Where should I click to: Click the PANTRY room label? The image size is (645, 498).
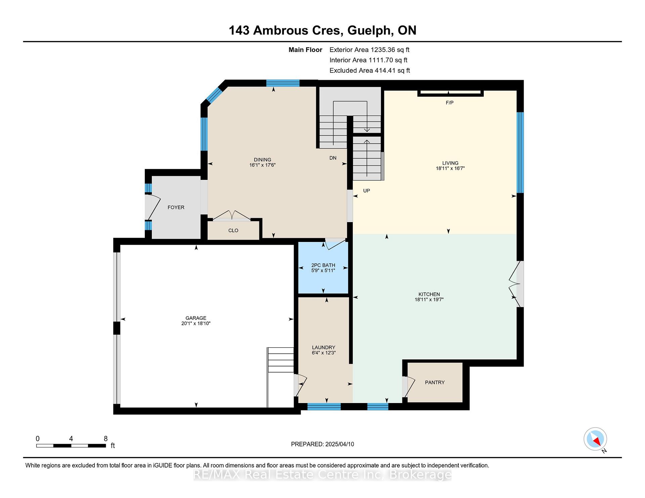(x=435, y=382)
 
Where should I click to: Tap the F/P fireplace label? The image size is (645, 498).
(x=449, y=103)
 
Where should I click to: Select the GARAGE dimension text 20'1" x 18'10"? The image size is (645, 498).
(x=196, y=323)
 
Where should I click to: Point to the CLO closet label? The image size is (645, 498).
(x=233, y=231)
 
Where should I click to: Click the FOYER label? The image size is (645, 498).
(x=176, y=207)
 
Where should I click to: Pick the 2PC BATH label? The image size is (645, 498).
(x=323, y=265)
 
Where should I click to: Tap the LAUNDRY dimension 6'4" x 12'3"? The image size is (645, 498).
(x=324, y=353)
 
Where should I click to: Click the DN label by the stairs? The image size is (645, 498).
(x=333, y=158)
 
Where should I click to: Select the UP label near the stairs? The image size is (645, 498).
(x=367, y=191)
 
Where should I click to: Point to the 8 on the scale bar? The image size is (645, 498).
(x=106, y=439)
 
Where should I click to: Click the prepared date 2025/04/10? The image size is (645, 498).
(x=340, y=444)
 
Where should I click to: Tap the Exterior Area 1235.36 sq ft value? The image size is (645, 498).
(x=390, y=50)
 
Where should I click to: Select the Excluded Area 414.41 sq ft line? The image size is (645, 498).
(x=370, y=70)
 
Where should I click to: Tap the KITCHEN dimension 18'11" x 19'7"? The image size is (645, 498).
(x=429, y=300)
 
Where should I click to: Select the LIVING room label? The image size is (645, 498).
(x=450, y=163)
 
